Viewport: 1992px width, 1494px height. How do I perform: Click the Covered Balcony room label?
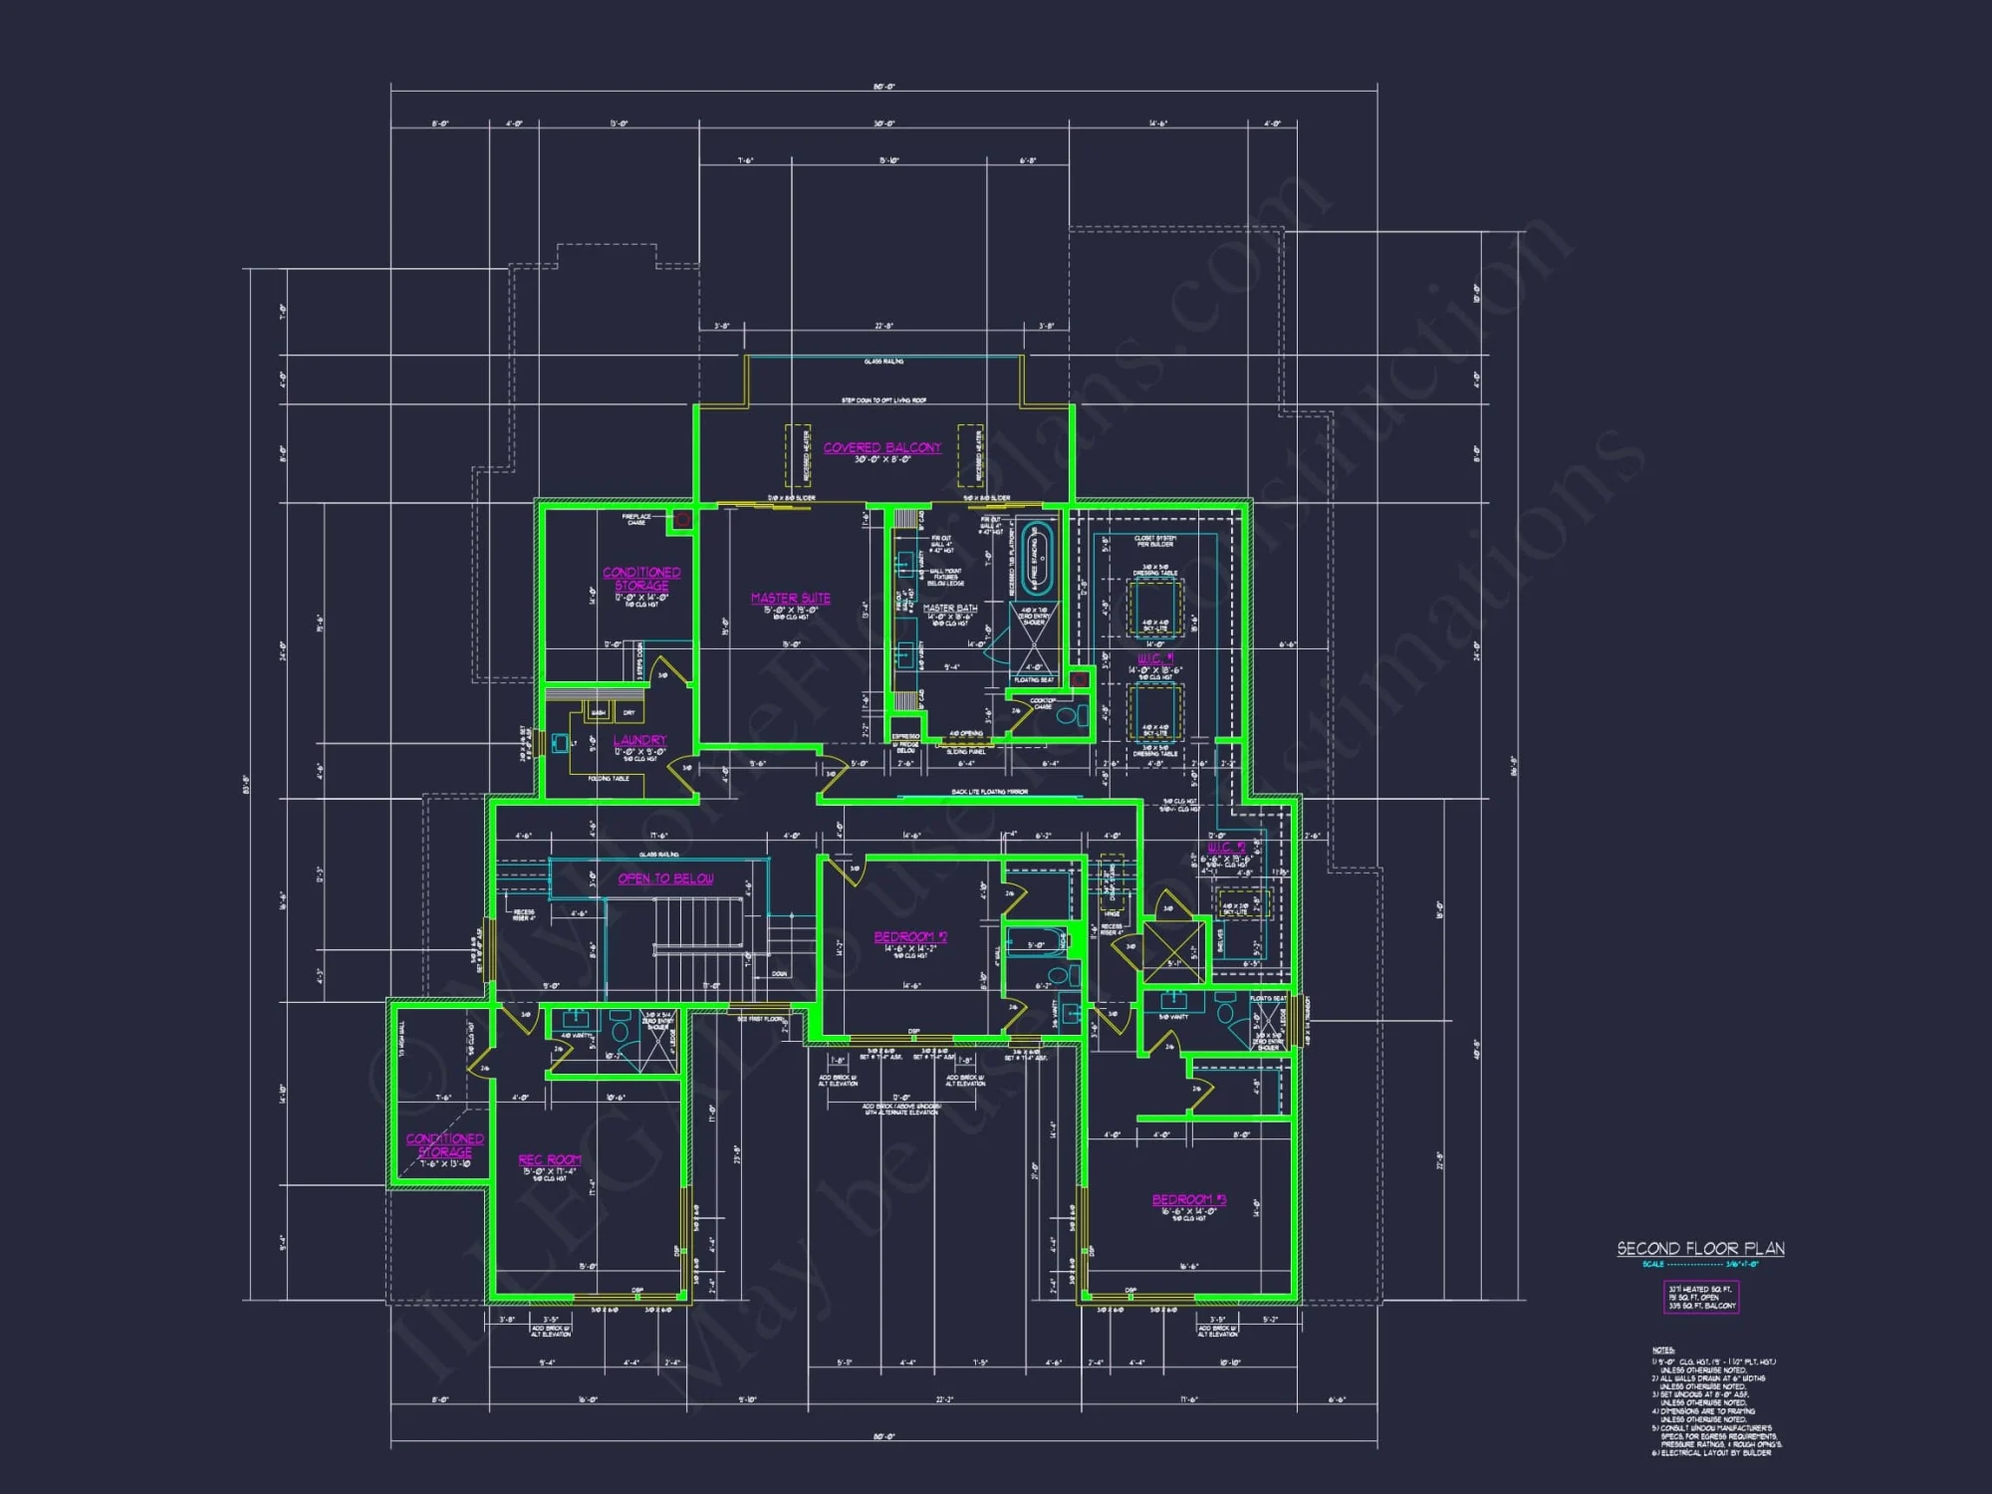881,448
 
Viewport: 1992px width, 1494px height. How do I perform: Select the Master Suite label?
790,599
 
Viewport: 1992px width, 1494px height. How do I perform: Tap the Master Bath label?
950,608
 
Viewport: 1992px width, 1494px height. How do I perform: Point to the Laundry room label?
639,740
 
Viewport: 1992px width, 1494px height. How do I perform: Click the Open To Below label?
665,878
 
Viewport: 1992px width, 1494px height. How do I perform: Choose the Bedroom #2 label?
910,937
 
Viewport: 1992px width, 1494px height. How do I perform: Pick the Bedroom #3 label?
1188,1200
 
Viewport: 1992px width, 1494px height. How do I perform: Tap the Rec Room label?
549,1160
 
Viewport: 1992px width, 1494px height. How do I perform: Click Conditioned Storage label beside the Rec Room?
444,1145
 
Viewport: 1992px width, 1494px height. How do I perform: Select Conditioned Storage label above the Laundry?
641,579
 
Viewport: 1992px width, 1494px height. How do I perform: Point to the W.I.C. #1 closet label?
1155,658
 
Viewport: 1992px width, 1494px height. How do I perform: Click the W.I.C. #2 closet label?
1226,847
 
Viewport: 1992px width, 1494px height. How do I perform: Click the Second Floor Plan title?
1700,1249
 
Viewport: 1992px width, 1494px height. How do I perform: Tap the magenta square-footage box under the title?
1701,1297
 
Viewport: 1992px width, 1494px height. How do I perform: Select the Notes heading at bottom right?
1662,1351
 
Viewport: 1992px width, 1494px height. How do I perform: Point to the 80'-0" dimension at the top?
883,88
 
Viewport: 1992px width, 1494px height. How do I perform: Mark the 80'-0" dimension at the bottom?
883,1436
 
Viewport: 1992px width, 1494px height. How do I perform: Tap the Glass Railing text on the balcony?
883,362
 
